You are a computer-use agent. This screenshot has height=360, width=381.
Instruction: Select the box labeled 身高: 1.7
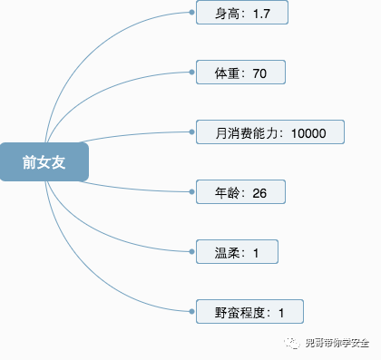pos(241,13)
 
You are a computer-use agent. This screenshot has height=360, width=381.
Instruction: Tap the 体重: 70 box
pos(240,73)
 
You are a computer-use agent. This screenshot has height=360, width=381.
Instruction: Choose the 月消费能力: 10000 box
pos(270,132)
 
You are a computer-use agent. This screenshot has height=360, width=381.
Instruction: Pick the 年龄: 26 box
pos(240,192)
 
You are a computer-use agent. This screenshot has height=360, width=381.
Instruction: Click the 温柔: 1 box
pos(237,252)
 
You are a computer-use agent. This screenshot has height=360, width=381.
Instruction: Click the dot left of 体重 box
pos(192,73)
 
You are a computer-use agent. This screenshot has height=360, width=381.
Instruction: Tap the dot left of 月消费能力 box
pos(192,132)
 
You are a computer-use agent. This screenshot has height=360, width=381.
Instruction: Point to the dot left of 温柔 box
pos(192,252)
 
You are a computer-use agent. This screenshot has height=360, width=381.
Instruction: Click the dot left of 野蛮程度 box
pos(192,312)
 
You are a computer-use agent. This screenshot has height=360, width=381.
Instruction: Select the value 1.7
pos(262,14)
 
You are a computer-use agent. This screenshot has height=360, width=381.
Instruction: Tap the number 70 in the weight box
pos(260,73)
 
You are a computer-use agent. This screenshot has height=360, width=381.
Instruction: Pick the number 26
pos(260,193)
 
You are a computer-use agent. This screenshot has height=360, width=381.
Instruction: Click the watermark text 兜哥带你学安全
pos(337,343)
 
